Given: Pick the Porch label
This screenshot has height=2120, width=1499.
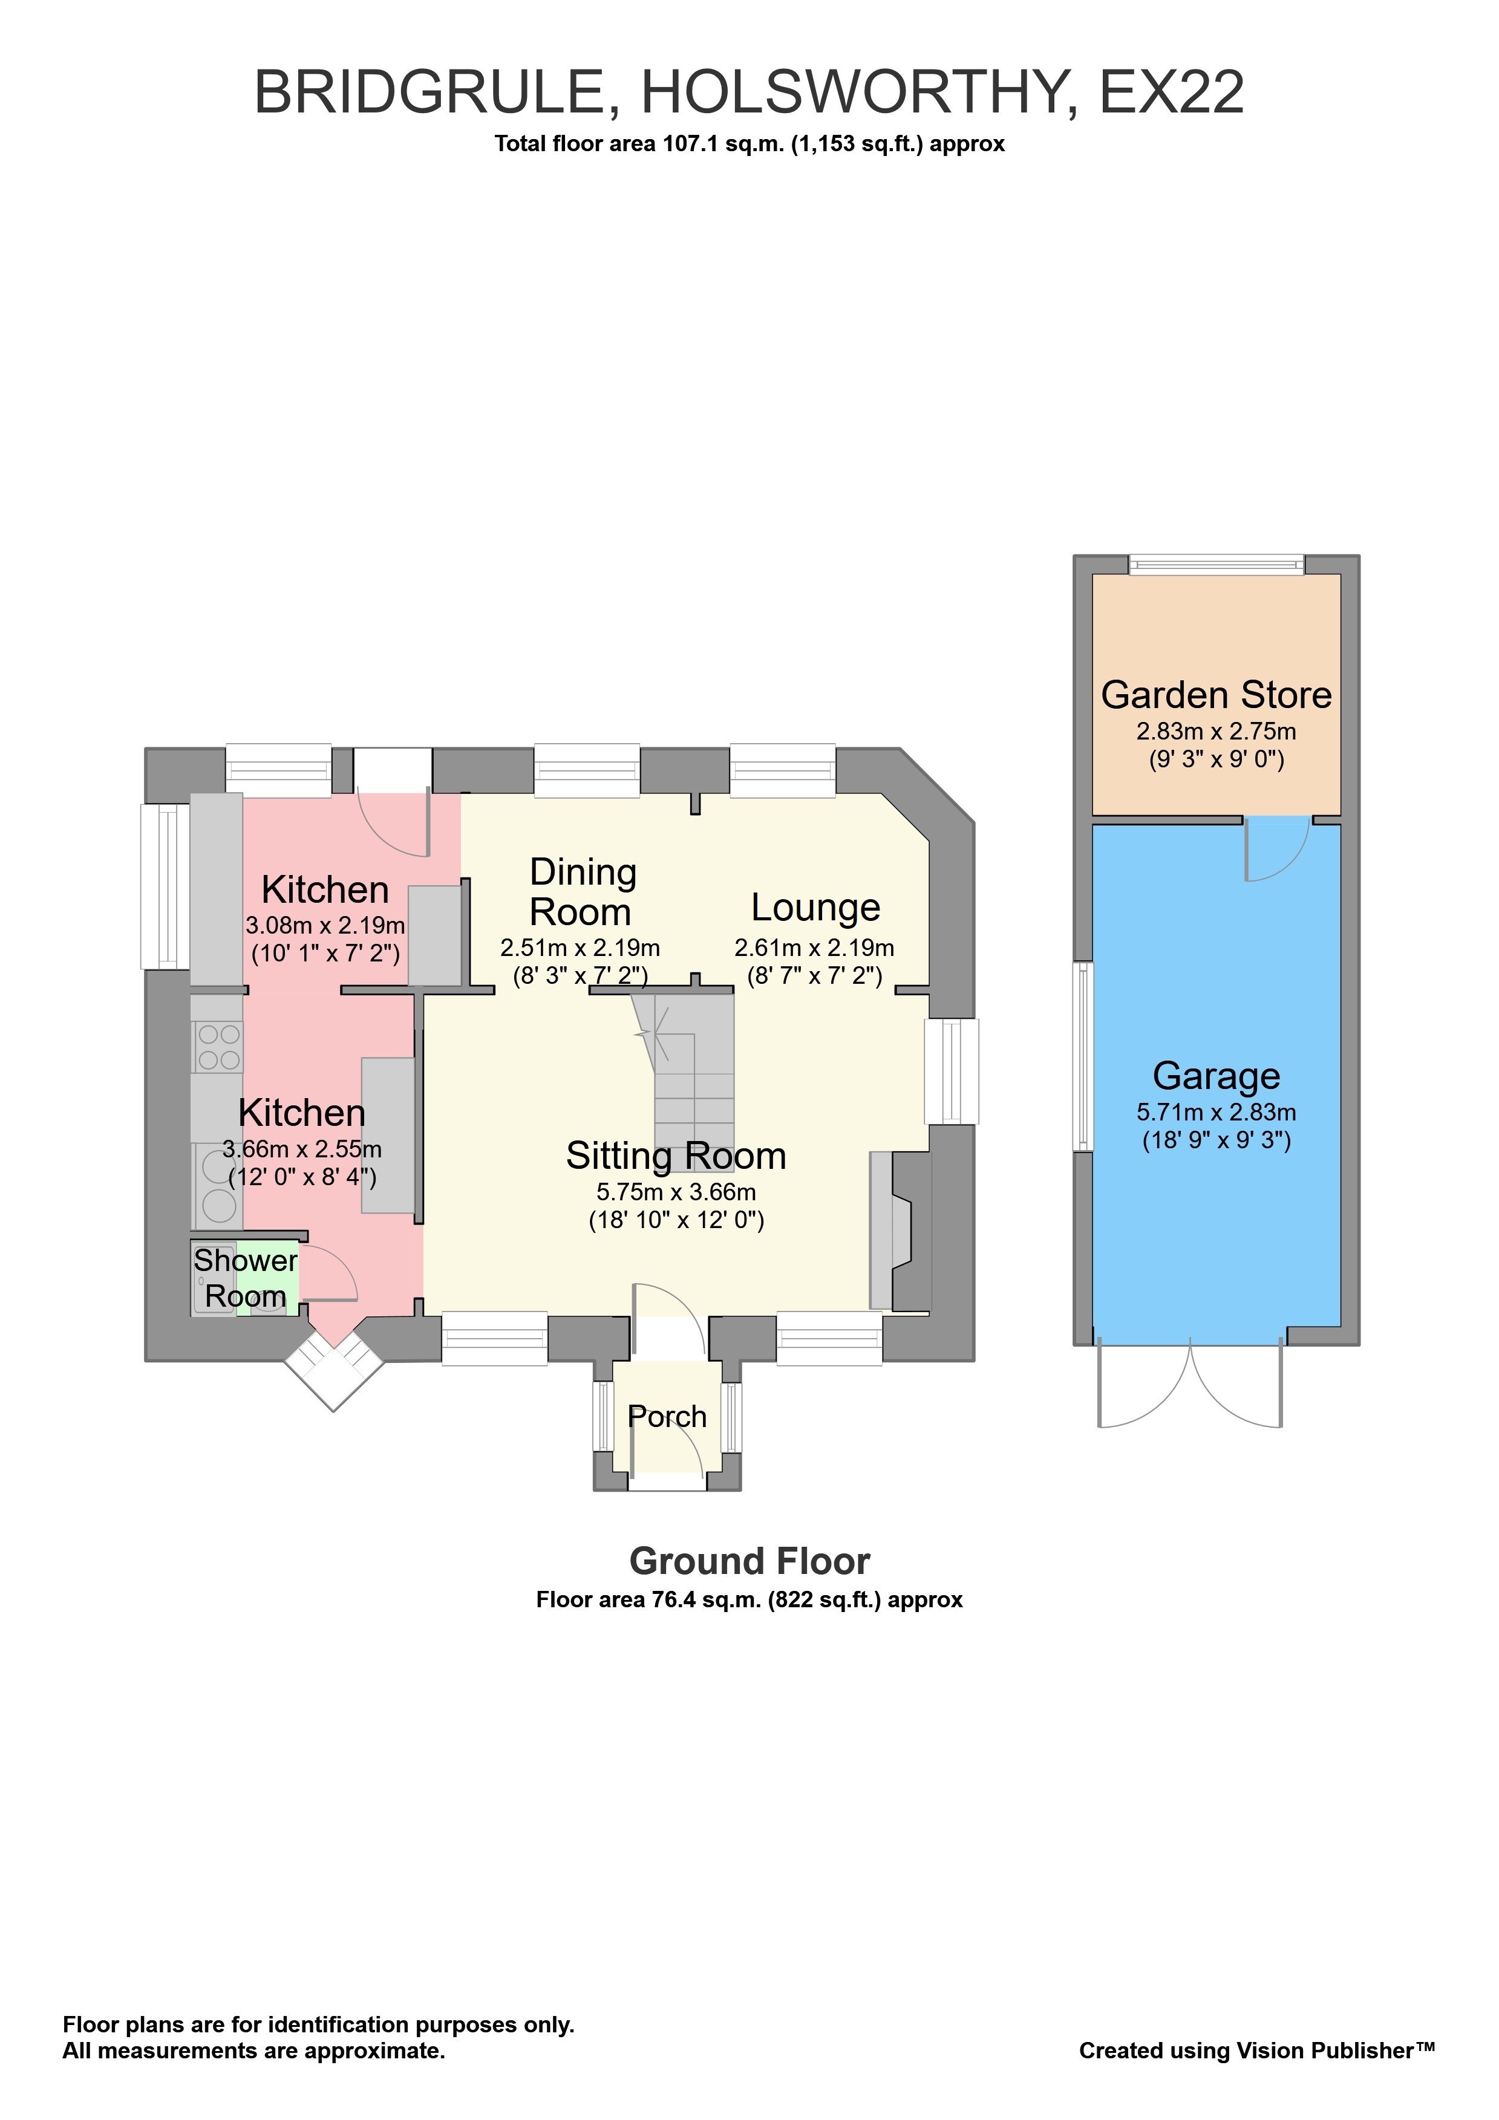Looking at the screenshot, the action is tap(667, 1416).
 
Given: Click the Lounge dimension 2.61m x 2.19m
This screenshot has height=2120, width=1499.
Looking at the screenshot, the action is tap(814, 948).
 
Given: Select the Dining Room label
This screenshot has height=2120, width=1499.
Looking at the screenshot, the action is tap(582, 892).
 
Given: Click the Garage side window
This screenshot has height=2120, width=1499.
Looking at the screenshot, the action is tap(1082, 1056).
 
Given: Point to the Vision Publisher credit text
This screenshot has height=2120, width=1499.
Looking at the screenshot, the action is tap(1256, 2050).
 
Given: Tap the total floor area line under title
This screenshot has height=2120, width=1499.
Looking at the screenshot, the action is tap(749, 144).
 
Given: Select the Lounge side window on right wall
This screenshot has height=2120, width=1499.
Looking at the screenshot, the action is tap(952, 1071).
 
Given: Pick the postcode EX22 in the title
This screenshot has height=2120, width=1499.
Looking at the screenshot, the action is tap(1171, 93).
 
